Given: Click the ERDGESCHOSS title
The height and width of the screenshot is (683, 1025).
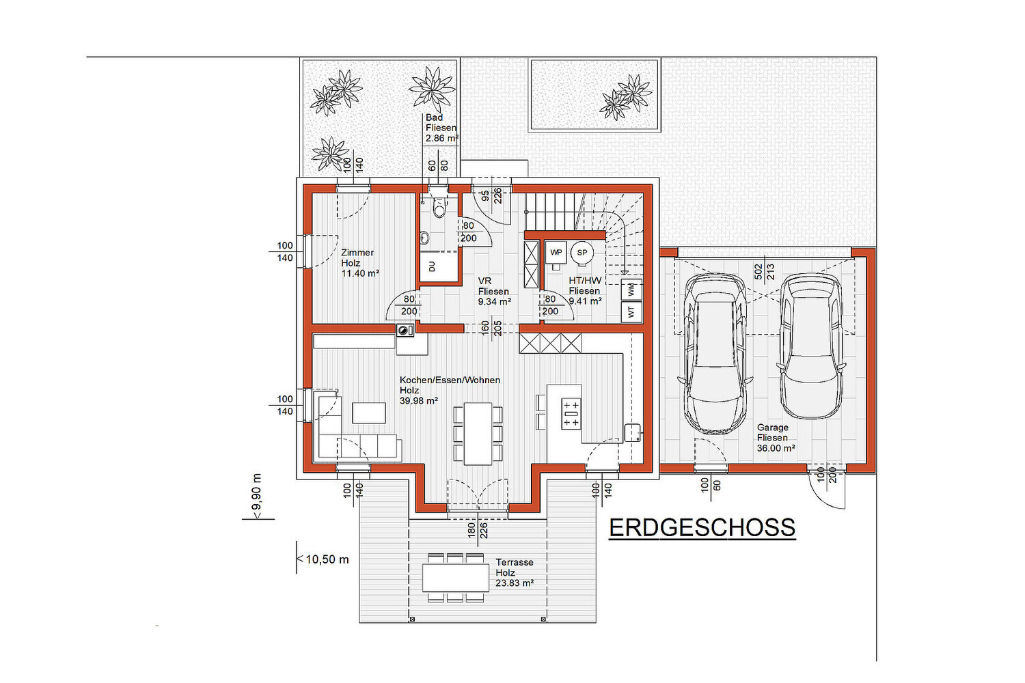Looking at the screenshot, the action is (702, 528).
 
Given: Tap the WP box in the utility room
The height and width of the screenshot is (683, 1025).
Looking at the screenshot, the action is (556, 253).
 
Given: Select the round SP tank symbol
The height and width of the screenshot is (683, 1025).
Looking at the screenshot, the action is (582, 253).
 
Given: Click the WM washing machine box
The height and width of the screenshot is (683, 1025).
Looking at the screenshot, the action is (631, 289).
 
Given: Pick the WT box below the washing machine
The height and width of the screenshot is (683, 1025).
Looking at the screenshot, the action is (631, 312).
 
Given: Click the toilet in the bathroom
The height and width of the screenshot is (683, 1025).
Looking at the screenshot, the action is (440, 206).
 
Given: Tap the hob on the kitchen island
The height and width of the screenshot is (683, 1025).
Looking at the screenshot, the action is (571, 413).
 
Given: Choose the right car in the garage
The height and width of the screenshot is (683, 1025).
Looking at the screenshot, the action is (811, 346).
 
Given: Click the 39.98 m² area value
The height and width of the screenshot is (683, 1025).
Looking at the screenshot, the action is (419, 401).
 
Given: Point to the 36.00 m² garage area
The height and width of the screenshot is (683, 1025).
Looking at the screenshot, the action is (776, 448).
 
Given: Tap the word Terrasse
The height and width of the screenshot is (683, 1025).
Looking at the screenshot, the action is (515, 562).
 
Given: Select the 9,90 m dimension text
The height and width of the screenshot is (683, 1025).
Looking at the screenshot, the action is (257, 497).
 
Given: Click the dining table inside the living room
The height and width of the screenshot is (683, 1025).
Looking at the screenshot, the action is (478, 434).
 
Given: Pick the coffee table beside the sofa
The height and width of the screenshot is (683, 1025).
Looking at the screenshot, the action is (369, 413).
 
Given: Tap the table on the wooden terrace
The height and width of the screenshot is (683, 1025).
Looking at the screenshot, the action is (456, 578).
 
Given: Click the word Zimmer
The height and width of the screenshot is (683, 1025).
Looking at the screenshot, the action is (357, 253).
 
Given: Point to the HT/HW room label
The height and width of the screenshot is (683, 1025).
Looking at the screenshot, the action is (585, 281).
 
